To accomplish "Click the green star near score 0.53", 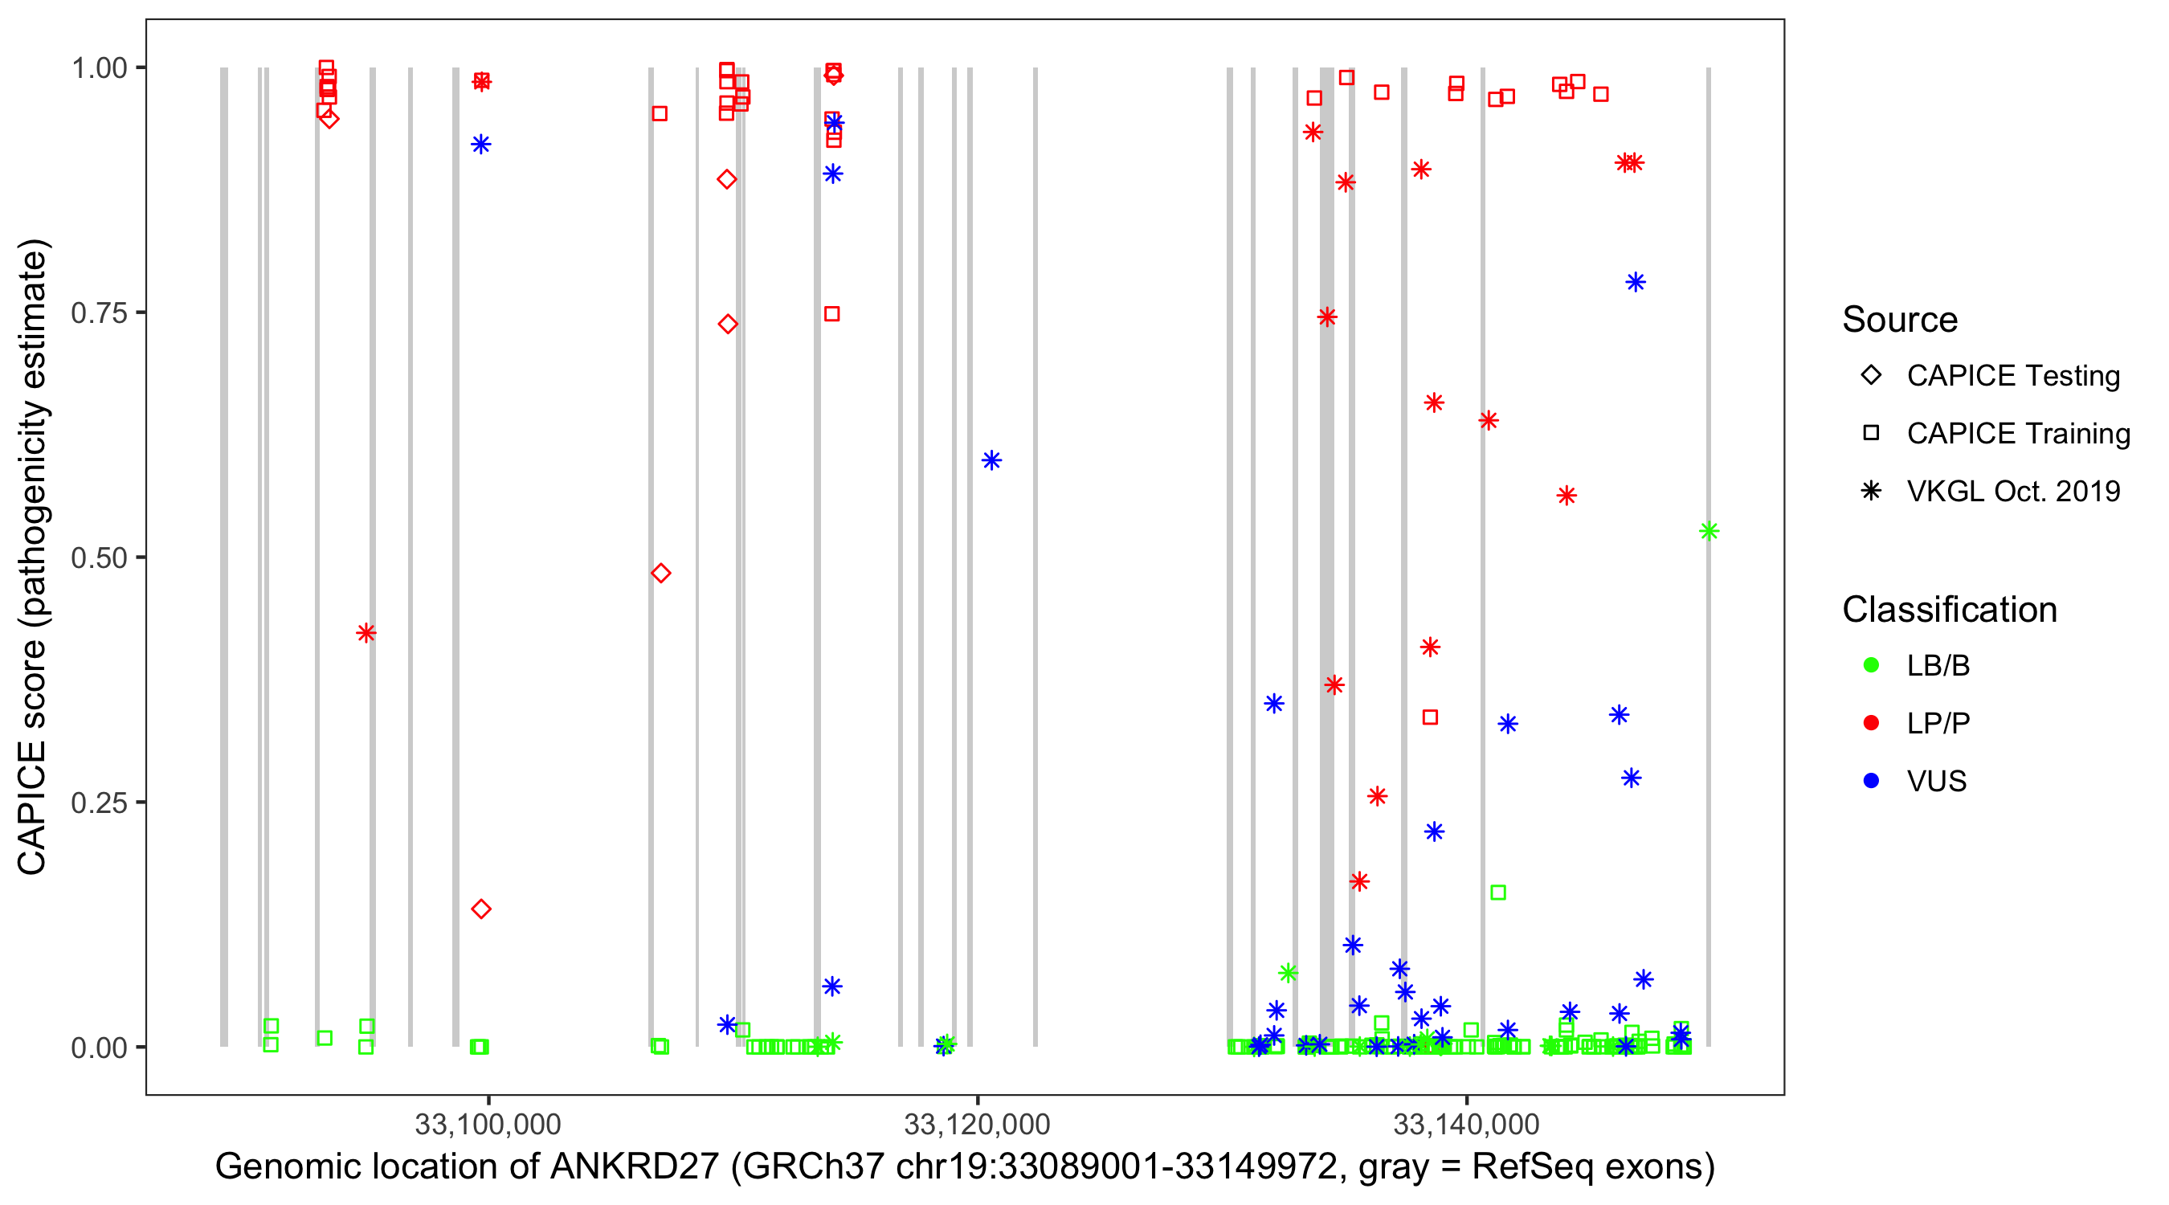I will (x=1709, y=530).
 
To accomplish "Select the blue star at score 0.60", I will (x=991, y=460).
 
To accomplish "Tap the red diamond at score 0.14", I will (x=480, y=909).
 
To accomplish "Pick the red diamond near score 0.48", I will (x=661, y=574).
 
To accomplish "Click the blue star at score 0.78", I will (x=1635, y=282).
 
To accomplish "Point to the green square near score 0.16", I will (x=1498, y=893).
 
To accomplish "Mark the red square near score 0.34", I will (x=1430, y=717).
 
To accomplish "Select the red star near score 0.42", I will (x=366, y=632).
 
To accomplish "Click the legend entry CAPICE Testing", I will (x=2012, y=376).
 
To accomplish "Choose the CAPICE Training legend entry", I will (x=2017, y=434).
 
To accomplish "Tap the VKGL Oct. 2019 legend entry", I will (x=2012, y=491).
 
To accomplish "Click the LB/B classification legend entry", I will (x=1938, y=665).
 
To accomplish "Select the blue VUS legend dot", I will (x=1871, y=781).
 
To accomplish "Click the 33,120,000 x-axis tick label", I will (x=977, y=1123).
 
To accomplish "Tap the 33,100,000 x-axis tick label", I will (x=488, y=1123).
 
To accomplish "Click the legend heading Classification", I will (x=1949, y=610).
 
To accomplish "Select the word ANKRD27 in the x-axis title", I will (x=635, y=1167).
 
